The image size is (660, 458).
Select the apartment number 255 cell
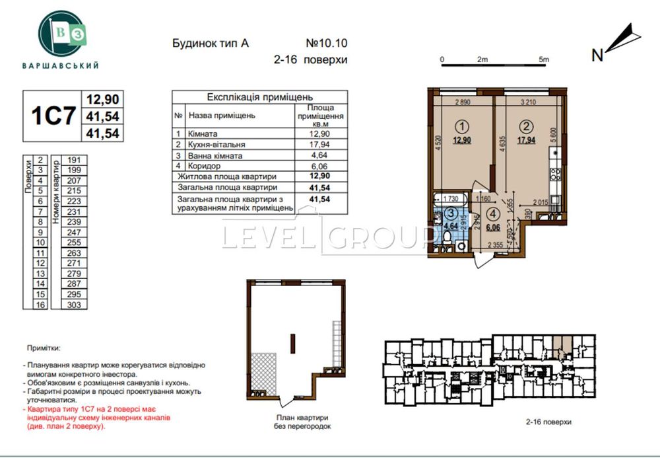74,243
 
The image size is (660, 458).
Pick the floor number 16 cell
40,305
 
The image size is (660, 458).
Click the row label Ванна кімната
215,156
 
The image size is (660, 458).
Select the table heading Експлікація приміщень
251,96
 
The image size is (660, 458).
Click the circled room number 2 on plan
526,126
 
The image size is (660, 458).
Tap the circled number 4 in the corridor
493,214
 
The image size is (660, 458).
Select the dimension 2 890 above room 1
465,102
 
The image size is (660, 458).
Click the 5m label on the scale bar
544,59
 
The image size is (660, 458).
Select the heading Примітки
44,347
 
